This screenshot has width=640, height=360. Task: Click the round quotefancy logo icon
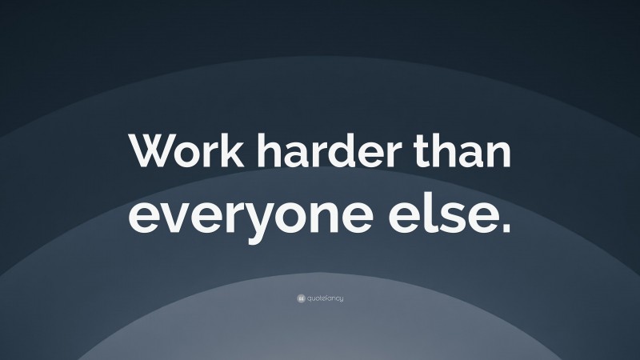pyautogui.click(x=300, y=298)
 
